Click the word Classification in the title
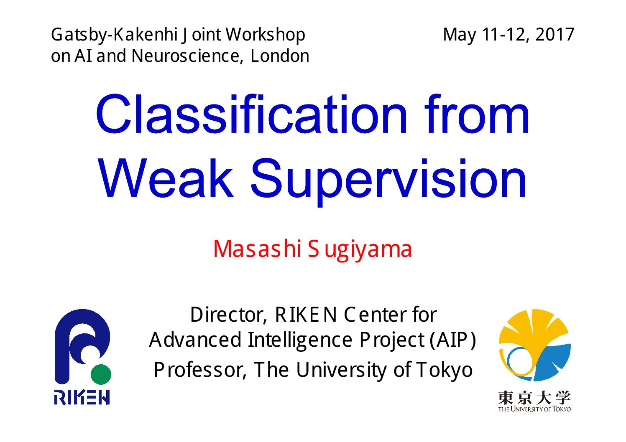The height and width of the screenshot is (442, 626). [x=251, y=114]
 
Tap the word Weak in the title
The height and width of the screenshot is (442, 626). [x=166, y=178]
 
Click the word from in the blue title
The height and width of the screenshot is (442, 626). [x=476, y=114]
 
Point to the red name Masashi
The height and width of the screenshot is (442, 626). [x=257, y=249]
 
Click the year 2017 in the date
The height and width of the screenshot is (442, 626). [x=555, y=35]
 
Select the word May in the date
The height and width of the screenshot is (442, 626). [x=460, y=36]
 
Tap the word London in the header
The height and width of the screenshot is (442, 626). [x=280, y=56]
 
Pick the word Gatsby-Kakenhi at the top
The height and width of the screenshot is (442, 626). [x=114, y=36]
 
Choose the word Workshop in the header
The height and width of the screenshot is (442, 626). [x=265, y=36]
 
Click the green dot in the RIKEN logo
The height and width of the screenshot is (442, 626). [x=101, y=374]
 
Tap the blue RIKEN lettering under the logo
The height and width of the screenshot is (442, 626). [x=82, y=397]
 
